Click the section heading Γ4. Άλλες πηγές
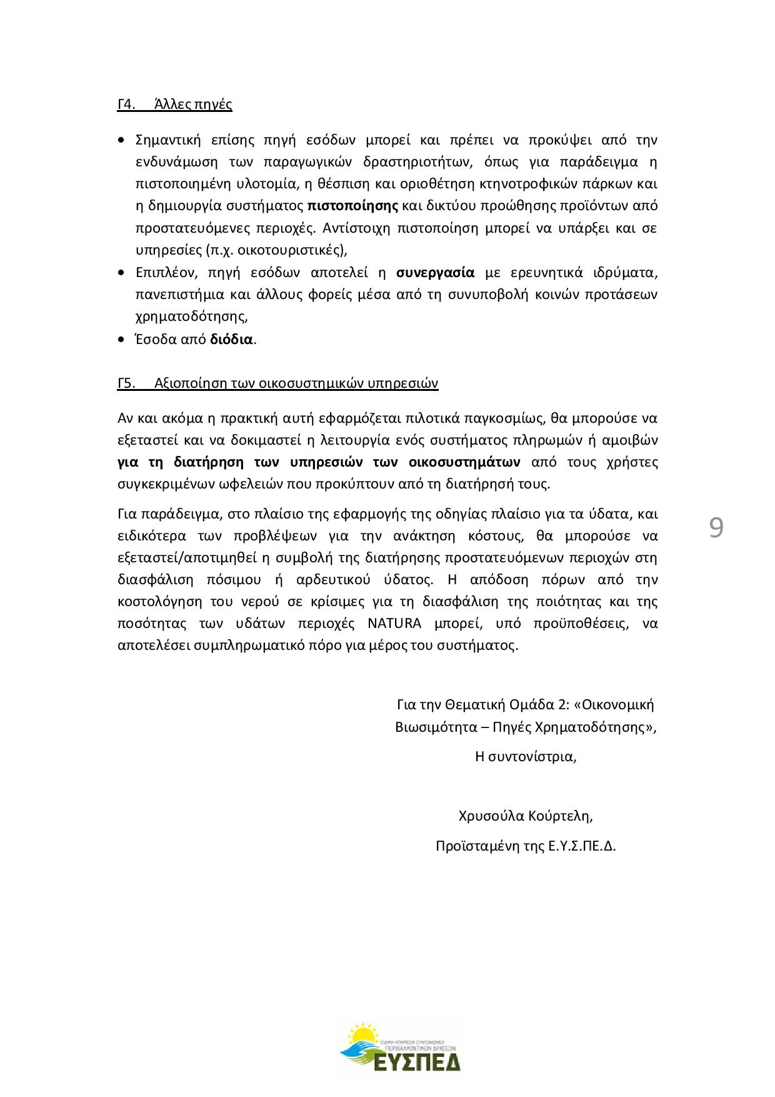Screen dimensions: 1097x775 (x=174, y=104)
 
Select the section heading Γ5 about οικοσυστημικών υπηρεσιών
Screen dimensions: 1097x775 (x=277, y=383)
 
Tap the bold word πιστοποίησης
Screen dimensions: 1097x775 (x=353, y=206)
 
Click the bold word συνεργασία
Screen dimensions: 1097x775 (x=436, y=273)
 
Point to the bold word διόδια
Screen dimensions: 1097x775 (x=231, y=340)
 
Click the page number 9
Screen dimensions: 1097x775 (x=716, y=528)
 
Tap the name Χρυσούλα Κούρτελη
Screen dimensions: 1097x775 (x=525, y=816)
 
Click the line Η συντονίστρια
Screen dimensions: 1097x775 (x=525, y=757)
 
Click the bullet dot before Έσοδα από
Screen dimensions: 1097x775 (x=121, y=340)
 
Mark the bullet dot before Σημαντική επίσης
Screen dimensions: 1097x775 (x=121, y=140)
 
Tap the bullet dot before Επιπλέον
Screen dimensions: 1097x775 (x=121, y=273)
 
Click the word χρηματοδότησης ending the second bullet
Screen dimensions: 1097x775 (x=190, y=316)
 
